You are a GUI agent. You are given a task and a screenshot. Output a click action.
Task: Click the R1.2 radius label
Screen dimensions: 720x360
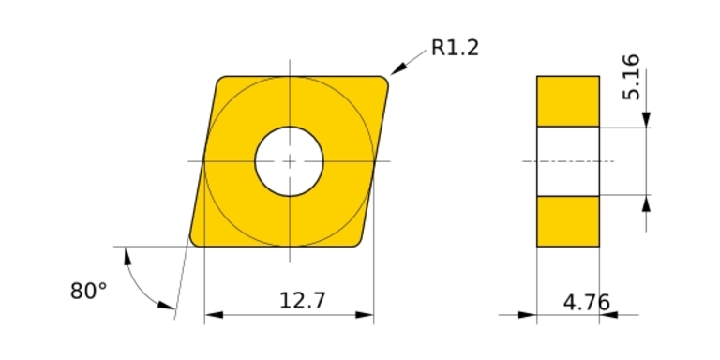[455, 48]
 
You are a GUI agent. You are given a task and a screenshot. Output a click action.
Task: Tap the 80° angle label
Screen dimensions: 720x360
[88, 292]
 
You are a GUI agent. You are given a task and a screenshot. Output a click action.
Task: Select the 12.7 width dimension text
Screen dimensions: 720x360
[302, 301]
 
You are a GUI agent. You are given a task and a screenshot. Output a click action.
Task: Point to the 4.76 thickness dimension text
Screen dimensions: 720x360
[586, 303]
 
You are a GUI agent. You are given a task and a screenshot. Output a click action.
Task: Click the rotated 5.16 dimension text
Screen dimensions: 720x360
[631, 77]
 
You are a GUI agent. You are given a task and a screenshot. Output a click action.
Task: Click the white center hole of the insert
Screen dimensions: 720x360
[290, 161]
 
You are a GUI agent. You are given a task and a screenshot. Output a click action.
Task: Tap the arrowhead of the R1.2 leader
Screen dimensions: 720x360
[398, 67]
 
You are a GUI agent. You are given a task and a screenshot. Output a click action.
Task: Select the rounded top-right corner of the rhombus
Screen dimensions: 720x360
[383, 82]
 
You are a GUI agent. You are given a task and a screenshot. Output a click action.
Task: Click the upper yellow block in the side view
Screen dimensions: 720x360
[568, 101]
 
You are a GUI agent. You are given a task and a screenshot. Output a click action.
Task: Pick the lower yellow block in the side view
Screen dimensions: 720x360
[568, 221]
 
